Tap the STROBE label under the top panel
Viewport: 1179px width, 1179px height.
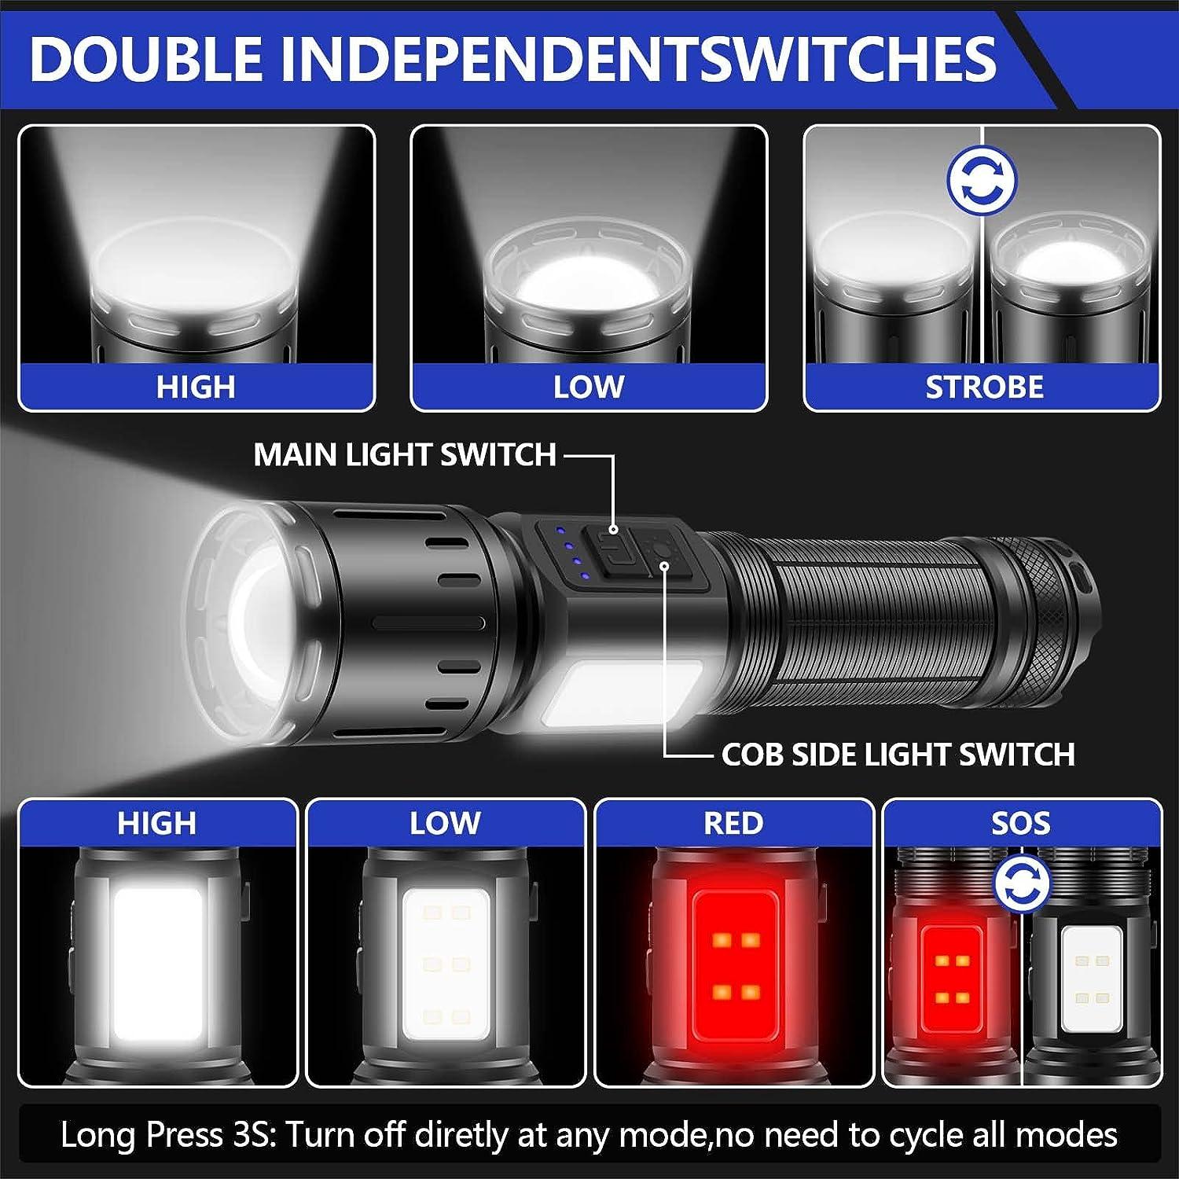point(984,387)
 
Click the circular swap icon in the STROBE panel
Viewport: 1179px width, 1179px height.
point(982,181)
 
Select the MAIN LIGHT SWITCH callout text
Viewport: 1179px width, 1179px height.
point(405,455)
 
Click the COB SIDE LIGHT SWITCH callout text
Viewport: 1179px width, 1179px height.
point(898,755)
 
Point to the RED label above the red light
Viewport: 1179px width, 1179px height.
point(733,823)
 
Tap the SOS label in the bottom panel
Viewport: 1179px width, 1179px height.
point(1020,823)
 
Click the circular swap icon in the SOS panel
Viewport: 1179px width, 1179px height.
point(1022,884)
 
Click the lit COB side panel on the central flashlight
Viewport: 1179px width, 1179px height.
point(621,695)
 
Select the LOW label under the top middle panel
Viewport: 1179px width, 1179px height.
point(589,387)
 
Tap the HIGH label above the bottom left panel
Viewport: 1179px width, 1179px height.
point(156,823)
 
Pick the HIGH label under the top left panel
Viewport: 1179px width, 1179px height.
point(196,387)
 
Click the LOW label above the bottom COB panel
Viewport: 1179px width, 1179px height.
point(445,823)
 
